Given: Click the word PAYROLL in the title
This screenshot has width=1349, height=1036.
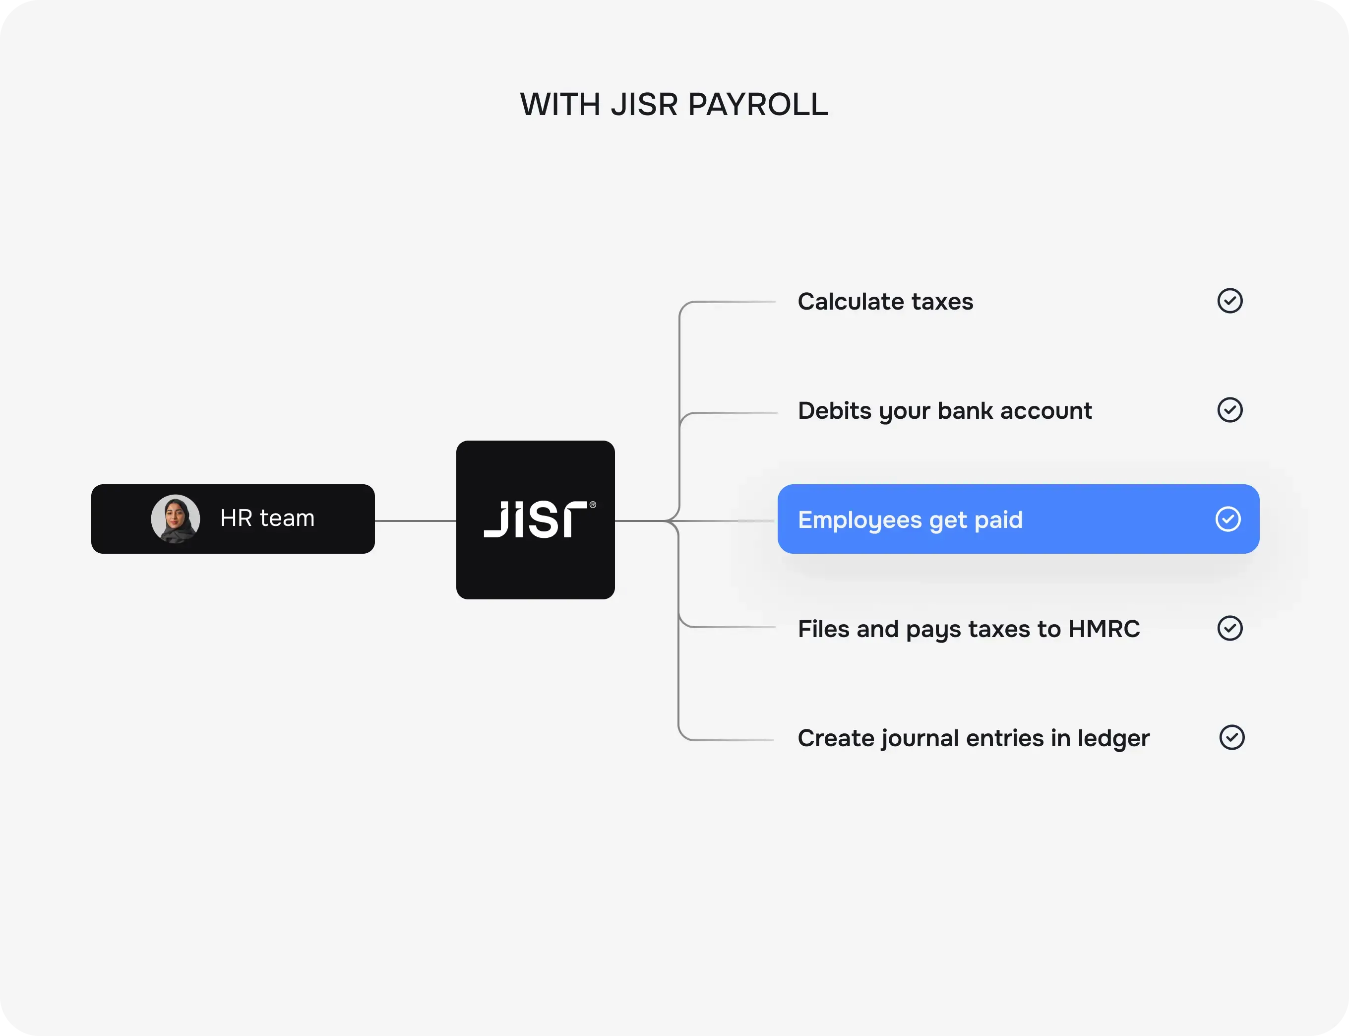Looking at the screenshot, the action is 758,104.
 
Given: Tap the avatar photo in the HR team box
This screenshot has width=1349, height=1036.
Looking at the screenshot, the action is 176,518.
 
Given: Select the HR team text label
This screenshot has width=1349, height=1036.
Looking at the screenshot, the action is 267,518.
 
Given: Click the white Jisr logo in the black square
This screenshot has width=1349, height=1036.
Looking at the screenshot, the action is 536,519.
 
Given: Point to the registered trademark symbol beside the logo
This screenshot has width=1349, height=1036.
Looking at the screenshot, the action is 593,505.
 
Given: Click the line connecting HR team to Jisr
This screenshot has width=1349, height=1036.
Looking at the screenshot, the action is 415,521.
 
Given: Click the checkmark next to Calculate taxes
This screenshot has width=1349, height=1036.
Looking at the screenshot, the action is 1229,301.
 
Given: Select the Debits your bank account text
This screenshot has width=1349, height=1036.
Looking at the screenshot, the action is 945,411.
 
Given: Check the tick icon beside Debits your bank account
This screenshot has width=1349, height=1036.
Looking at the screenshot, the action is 1229,410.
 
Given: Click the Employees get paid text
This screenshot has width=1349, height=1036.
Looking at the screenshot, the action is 910,520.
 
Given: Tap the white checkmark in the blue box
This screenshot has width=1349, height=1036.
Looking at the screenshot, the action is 1227,519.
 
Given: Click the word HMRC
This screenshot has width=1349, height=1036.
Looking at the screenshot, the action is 1104,629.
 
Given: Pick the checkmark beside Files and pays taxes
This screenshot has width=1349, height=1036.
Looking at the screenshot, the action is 1229,628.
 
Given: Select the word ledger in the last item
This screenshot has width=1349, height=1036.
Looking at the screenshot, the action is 1113,739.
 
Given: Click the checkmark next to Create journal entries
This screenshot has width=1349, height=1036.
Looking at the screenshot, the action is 1232,737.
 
